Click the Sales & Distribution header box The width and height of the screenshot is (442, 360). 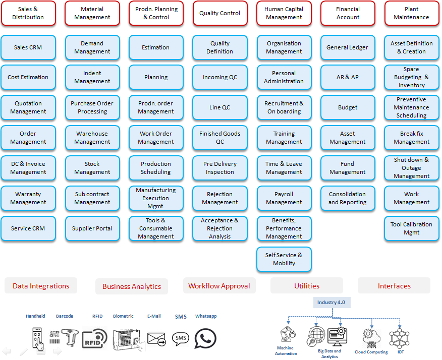click(x=28, y=13)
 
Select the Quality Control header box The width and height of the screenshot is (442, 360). click(x=220, y=13)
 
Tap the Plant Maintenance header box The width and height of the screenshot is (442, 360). click(x=411, y=13)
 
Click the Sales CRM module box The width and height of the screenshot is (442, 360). click(x=28, y=47)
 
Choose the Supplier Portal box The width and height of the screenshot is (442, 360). click(x=92, y=228)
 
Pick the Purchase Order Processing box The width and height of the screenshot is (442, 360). click(x=92, y=107)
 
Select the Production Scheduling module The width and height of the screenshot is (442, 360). click(x=156, y=168)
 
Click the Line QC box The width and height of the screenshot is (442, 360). click(x=220, y=107)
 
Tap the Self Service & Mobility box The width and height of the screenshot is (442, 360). click(x=284, y=259)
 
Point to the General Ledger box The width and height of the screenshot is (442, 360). click(x=348, y=47)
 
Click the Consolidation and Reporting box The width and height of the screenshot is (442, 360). click(x=348, y=198)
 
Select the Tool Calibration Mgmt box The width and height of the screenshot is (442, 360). click(x=411, y=228)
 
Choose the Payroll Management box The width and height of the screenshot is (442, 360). click(x=284, y=198)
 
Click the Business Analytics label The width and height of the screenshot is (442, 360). click(x=132, y=286)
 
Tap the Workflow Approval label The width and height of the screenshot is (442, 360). click(x=219, y=286)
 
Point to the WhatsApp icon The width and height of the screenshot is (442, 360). click(x=205, y=339)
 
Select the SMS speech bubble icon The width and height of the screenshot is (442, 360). click(x=181, y=338)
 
